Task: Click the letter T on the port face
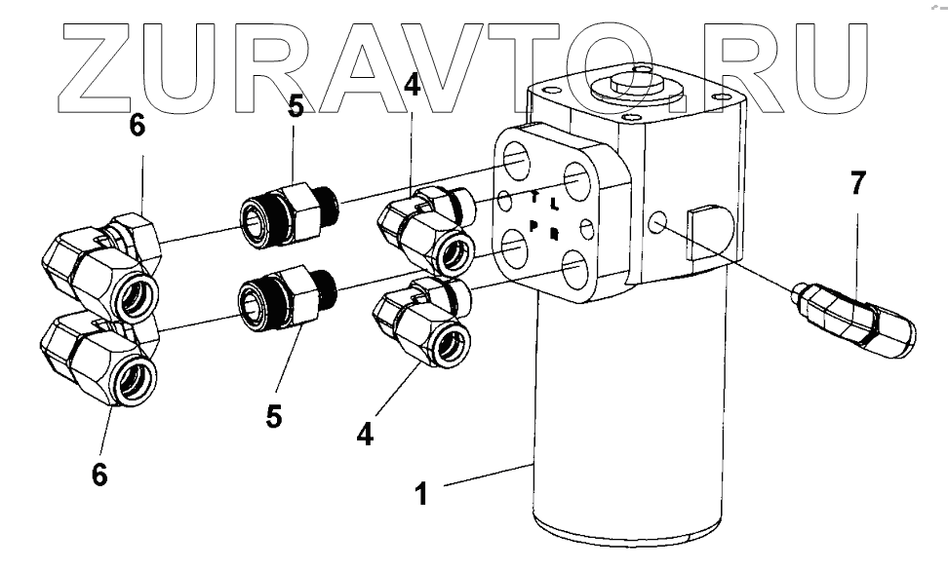click(x=534, y=198)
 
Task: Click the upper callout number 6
click(x=138, y=129)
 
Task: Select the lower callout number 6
click(x=99, y=475)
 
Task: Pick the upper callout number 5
click(x=295, y=104)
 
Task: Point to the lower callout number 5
click(x=274, y=416)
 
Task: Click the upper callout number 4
click(x=413, y=86)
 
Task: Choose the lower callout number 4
click(x=365, y=435)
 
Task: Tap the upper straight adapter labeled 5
click(x=288, y=209)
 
